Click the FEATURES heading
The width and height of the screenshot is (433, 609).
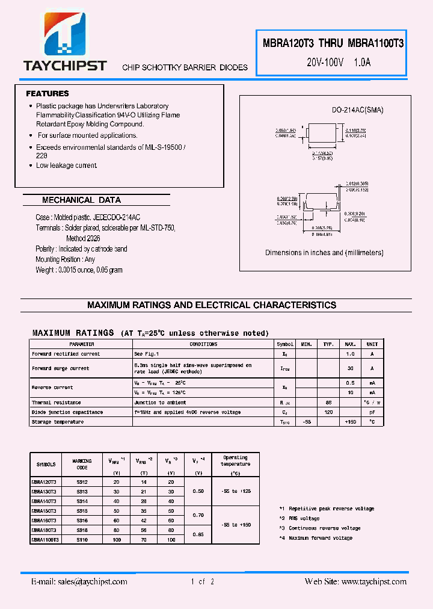(48, 94)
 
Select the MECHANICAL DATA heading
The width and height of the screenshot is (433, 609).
(81, 200)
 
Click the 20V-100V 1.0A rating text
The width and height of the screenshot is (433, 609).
(339, 61)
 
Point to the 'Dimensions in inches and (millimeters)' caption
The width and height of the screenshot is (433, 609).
(324, 253)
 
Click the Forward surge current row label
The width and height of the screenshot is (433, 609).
(60, 368)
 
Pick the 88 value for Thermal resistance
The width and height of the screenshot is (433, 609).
(328, 403)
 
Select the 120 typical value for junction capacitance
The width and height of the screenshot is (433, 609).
(328, 412)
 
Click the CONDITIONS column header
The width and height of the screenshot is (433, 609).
(203, 344)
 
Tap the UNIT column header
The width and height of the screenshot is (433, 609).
(372, 344)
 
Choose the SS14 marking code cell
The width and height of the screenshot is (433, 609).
(82, 501)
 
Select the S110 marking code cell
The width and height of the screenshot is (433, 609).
(82, 540)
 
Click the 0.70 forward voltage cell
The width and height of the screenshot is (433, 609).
(197, 515)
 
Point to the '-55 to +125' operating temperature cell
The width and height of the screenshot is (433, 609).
(235, 491)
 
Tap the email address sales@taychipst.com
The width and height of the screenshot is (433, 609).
(79, 582)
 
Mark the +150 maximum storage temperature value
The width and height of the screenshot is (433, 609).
(351, 422)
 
